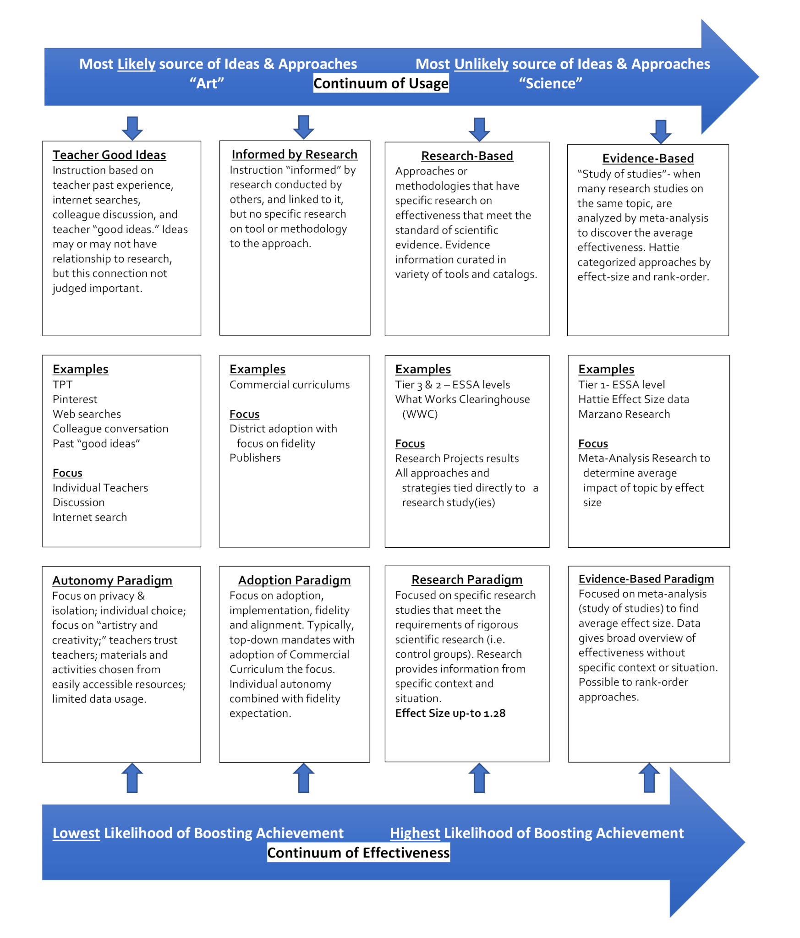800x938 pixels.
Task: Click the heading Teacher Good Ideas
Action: tap(109, 155)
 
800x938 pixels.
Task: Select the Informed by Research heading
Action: tap(294, 154)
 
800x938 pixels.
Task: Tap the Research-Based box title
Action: tap(467, 156)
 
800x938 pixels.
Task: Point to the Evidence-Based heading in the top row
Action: tap(648, 158)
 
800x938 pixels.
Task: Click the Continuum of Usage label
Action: tap(381, 83)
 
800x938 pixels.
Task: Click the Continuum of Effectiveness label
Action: tap(358, 853)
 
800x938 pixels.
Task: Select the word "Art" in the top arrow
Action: tap(207, 83)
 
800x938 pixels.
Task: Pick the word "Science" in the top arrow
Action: tap(550, 83)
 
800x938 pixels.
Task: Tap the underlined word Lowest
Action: tap(76, 833)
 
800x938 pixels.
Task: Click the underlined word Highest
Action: tap(415, 833)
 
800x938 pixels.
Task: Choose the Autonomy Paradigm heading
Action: tap(112, 580)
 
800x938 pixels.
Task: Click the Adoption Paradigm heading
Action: tap(294, 580)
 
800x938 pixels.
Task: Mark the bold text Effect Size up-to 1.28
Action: tap(450, 713)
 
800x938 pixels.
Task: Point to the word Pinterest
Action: tap(75, 399)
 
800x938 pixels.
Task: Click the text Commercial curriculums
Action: tap(290, 385)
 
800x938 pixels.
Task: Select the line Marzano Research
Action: tap(624, 414)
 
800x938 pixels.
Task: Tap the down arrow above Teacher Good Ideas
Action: tap(132, 128)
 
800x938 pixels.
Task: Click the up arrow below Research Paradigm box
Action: tap(479, 777)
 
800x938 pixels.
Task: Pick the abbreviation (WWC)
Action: tap(420, 414)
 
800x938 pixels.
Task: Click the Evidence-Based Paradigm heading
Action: tap(646, 579)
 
